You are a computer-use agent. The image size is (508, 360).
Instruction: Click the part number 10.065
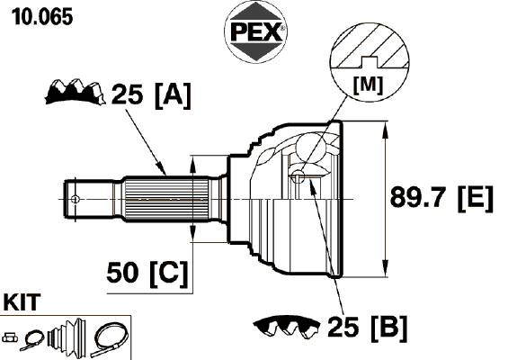(x=42, y=17)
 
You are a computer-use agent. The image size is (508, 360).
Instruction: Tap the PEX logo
(x=255, y=31)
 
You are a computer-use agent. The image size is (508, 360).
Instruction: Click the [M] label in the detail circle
(x=368, y=85)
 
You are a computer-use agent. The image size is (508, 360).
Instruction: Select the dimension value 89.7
(x=421, y=197)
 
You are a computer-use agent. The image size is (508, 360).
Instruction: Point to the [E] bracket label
(x=476, y=199)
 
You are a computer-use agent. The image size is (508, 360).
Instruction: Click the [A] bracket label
(x=173, y=95)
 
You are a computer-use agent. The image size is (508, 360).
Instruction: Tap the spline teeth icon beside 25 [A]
(x=76, y=92)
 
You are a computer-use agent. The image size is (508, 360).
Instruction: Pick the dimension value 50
(x=122, y=273)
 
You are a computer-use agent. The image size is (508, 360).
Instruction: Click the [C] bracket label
(x=169, y=274)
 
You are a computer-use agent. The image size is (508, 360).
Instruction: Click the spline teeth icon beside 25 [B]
(x=287, y=328)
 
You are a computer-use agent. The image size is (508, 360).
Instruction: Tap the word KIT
(x=22, y=302)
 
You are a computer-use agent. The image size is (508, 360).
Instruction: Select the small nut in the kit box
(x=11, y=337)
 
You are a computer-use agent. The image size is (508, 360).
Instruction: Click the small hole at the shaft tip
(x=75, y=199)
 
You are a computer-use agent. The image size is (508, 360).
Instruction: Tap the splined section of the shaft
(x=166, y=199)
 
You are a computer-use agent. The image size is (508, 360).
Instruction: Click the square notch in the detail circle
(x=370, y=62)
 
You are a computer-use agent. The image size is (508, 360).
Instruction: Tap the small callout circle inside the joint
(x=298, y=176)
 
